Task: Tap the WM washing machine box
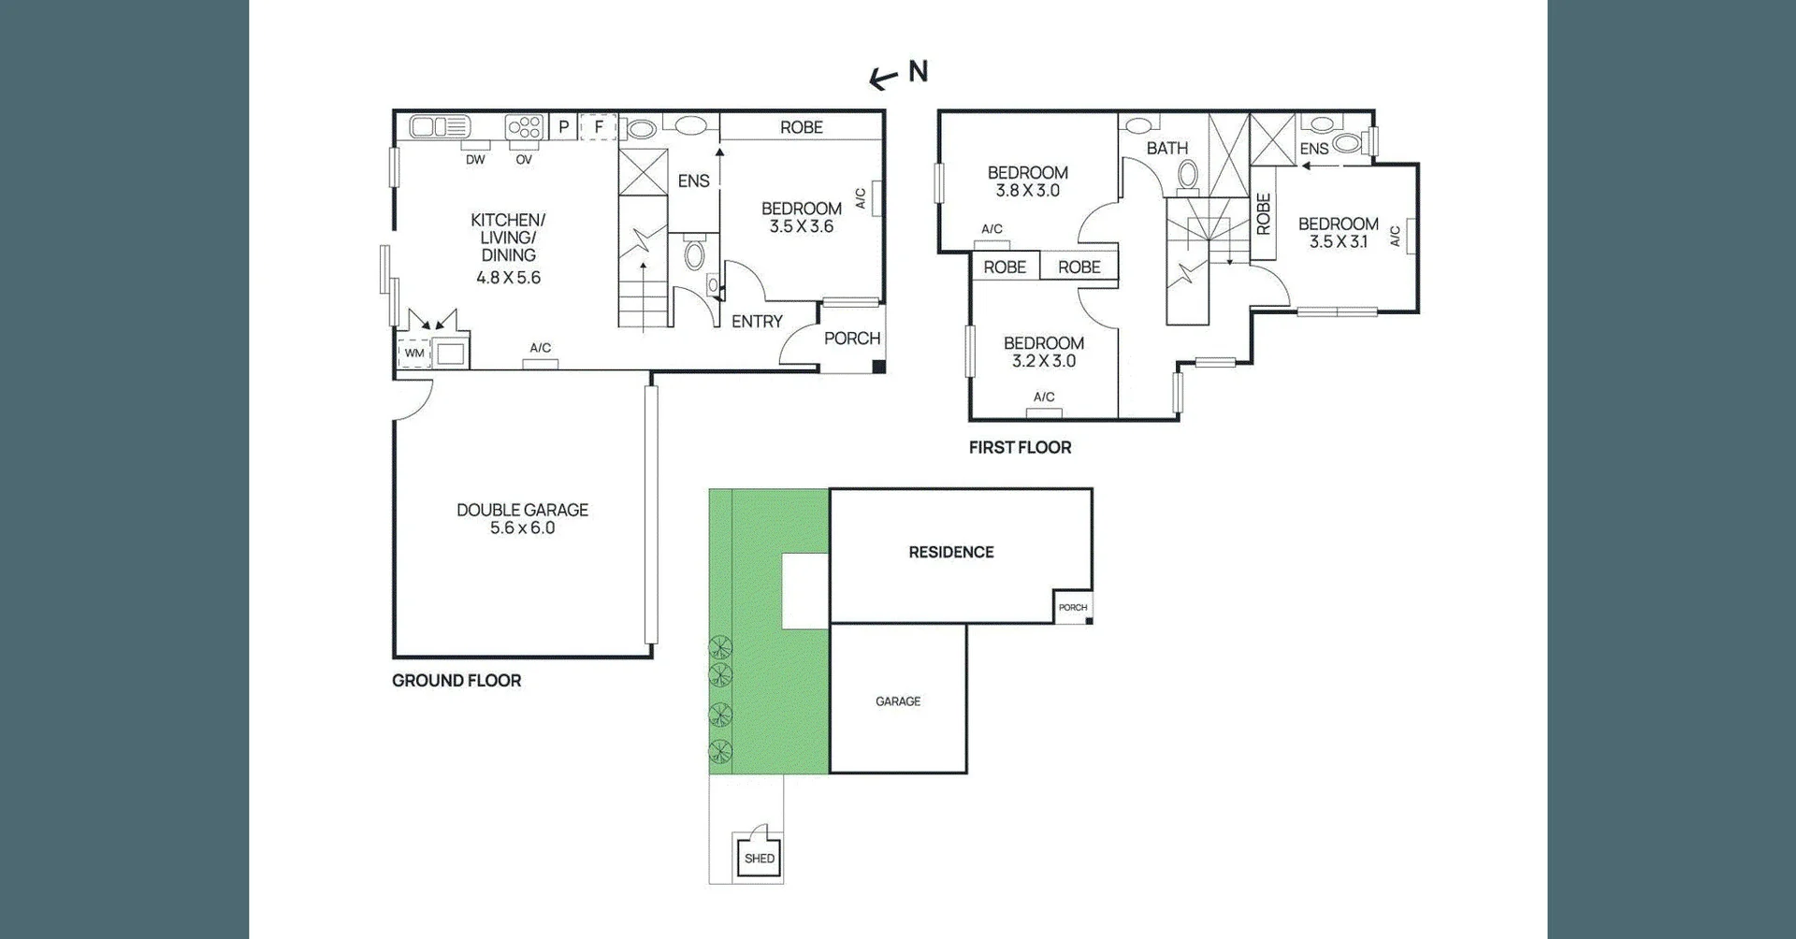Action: tap(414, 354)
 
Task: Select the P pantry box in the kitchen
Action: tap(563, 127)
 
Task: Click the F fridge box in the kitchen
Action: tap(599, 127)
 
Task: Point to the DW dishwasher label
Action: tap(475, 160)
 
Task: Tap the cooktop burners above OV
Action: tap(525, 126)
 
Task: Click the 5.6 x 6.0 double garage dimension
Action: tap(522, 528)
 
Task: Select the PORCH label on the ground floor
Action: tap(851, 339)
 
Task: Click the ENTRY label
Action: tap(757, 322)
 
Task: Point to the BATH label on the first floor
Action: tap(1166, 149)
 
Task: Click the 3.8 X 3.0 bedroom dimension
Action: tap(1027, 191)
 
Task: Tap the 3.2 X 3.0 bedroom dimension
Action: tap(1043, 361)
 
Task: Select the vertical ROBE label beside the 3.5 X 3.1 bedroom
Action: tap(1263, 214)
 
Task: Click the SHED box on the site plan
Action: tap(759, 858)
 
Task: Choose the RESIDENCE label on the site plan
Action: tap(950, 553)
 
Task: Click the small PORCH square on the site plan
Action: tap(1073, 607)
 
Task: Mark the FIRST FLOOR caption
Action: tap(1020, 448)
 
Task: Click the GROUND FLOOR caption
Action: tap(456, 681)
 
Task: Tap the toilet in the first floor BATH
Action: tap(1188, 175)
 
